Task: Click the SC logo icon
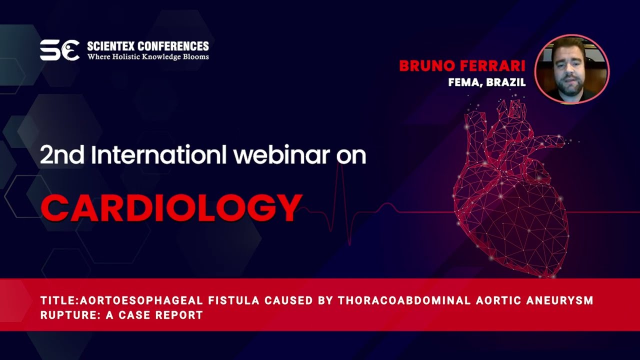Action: point(59,50)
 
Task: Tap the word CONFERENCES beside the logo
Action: point(173,46)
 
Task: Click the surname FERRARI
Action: point(493,65)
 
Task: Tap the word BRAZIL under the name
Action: point(506,82)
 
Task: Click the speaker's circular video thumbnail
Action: point(571,69)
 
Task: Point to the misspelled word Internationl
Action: point(159,154)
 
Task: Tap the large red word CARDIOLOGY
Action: point(171,207)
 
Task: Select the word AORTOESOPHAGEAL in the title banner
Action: point(141,300)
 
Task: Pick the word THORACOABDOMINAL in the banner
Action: point(404,300)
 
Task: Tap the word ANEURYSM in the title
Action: point(561,300)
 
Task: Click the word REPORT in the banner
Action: point(179,315)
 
